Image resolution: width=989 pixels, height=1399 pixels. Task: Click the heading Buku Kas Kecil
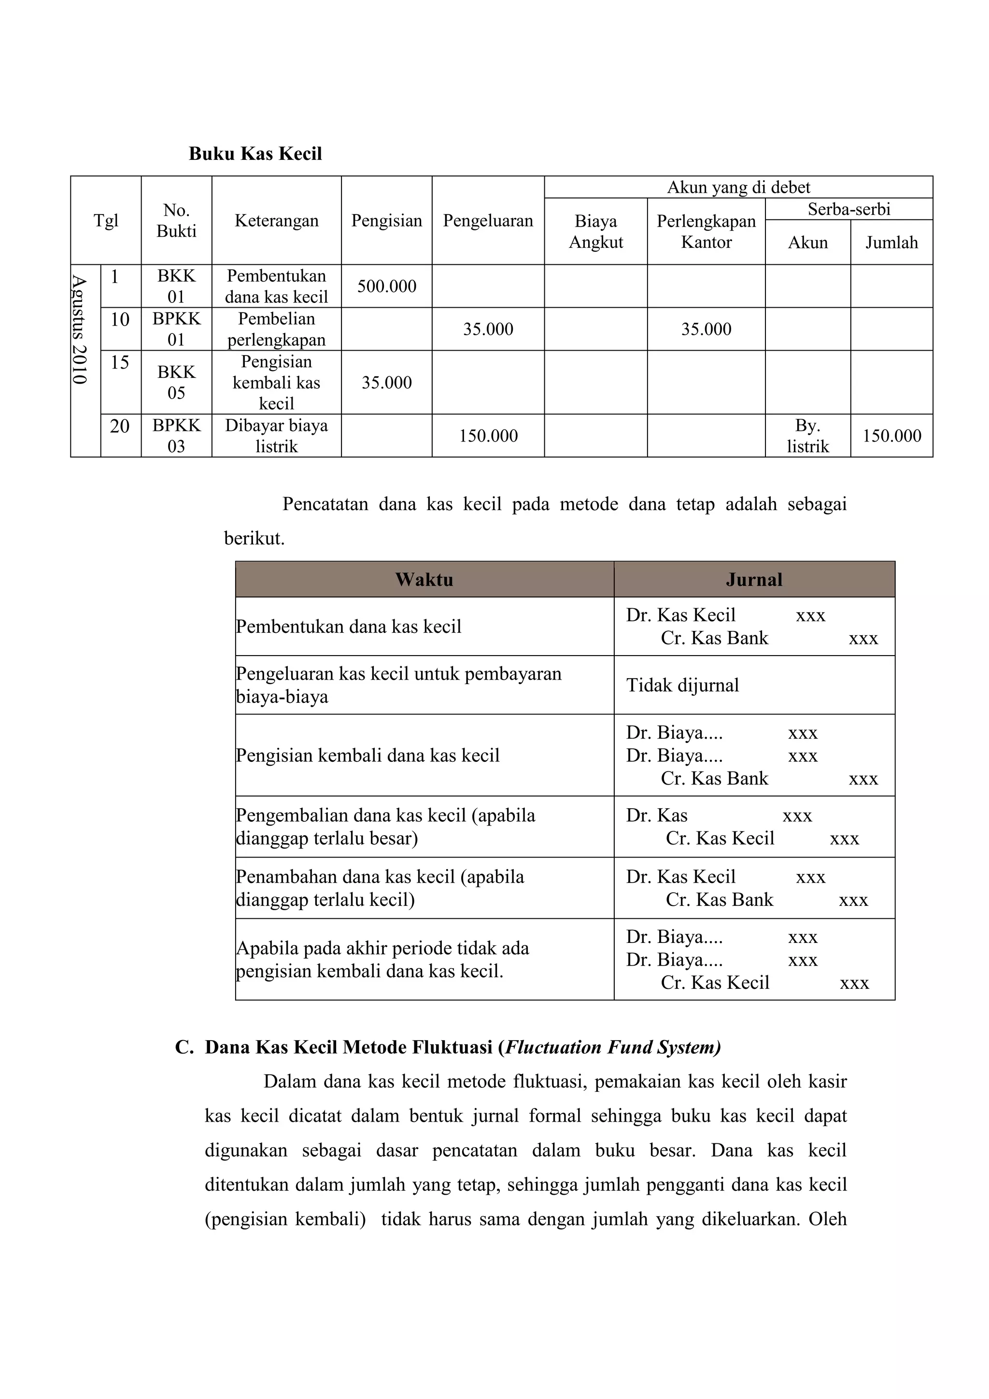coord(255,154)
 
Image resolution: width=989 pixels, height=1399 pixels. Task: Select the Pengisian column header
coord(386,221)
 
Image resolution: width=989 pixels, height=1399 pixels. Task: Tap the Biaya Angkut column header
coord(595,231)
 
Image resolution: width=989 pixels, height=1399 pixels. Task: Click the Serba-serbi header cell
coord(848,209)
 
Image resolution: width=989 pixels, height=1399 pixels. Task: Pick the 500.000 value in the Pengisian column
coord(386,286)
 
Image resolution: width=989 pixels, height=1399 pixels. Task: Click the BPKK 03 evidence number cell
coord(176,436)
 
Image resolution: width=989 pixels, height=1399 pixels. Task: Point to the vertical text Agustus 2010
coord(79,329)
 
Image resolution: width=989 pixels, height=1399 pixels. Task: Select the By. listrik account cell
coord(807,436)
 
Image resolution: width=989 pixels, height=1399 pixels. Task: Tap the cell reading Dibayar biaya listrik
coord(277,436)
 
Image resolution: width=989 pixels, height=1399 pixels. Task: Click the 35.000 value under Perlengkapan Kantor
coord(706,329)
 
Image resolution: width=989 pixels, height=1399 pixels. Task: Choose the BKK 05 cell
coord(176,383)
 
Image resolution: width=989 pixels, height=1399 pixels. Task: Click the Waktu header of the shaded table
coord(424,580)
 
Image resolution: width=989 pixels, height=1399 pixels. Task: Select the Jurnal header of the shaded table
coord(754,580)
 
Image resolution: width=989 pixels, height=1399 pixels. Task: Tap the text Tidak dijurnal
coord(682,685)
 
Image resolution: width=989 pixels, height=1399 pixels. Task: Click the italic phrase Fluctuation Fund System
coord(611,1047)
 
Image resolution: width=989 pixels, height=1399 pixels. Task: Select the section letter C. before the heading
coord(184,1047)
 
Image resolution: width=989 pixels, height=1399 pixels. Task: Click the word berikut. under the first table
coord(254,539)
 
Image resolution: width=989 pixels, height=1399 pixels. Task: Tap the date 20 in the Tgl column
coord(120,427)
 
